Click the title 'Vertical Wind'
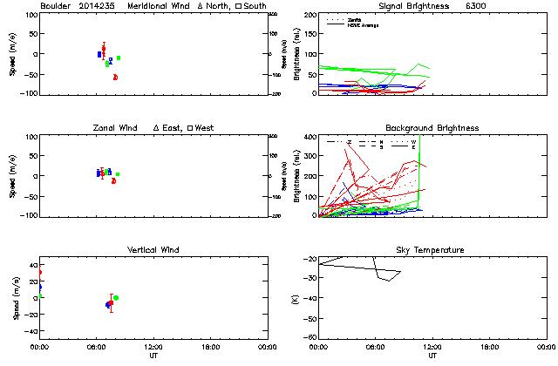tap(153, 250)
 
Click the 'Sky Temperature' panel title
tap(432, 250)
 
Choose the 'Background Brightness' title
tap(432, 128)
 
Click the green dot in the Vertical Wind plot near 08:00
tap(116, 298)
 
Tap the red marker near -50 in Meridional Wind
tap(115, 78)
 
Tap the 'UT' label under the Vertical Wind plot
tap(153, 356)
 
